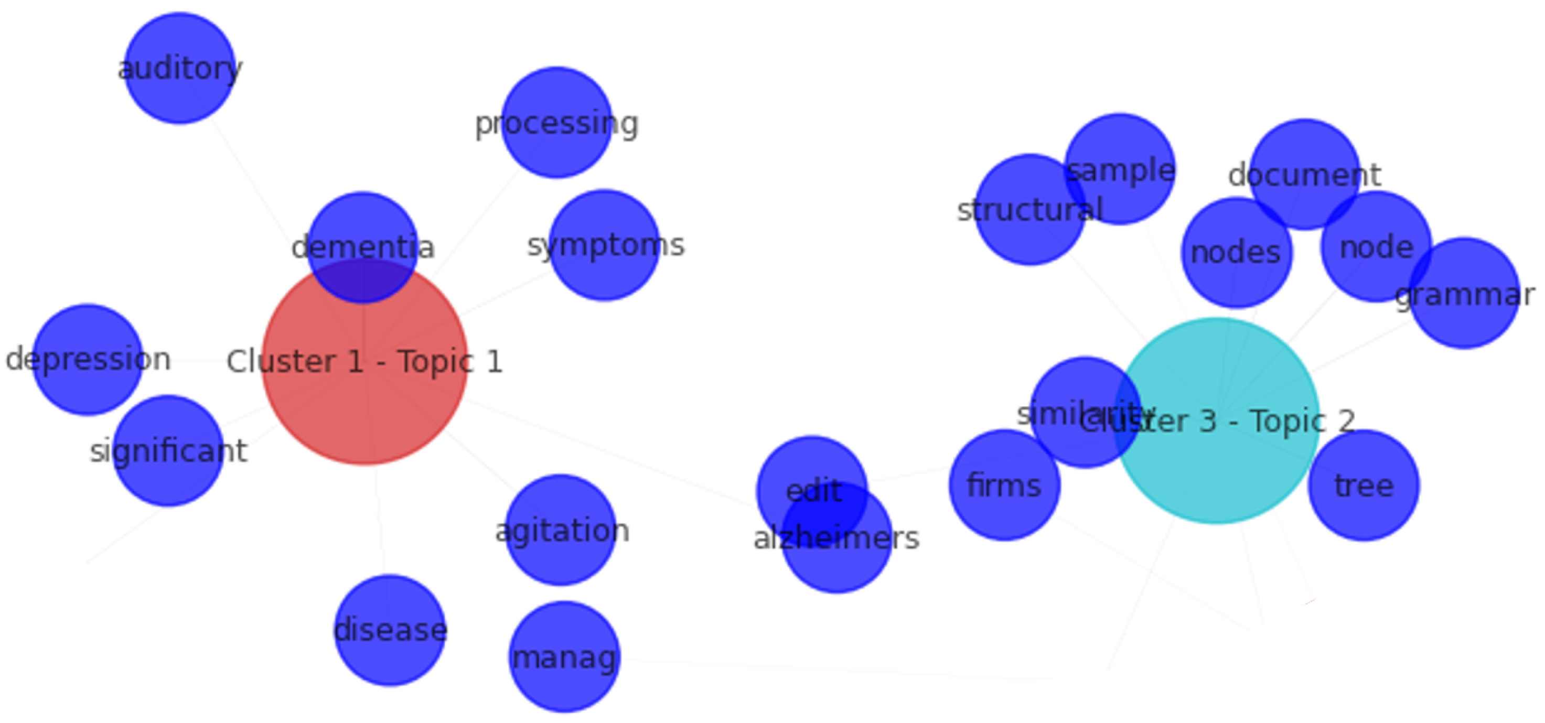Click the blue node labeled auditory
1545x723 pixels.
pyautogui.click(x=179, y=68)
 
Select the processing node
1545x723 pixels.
pyautogui.click(x=556, y=123)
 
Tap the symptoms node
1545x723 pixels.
pyautogui.click(x=605, y=245)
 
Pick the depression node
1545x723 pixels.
pyautogui.click(x=88, y=360)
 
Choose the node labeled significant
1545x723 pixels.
pyautogui.click(x=168, y=451)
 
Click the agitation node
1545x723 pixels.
pyautogui.click(x=561, y=531)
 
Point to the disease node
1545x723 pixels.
pyautogui.click(x=390, y=630)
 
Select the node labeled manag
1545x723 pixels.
pyautogui.click(x=564, y=657)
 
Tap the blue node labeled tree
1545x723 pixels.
pyautogui.click(x=1363, y=485)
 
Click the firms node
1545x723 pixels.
pyautogui.click(x=1004, y=485)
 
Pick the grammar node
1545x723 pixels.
pyautogui.click(x=1464, y=294)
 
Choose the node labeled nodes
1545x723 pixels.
pyautogui.click(x=1236, y=252)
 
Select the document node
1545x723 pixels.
pyautogui.click(x=1304, y=175)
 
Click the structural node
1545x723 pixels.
pyautogui.click(x=1029, y=210)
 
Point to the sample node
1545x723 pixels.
pyautogui.click(x=1119, y=169)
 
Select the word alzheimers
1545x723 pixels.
pyautogui.click(x=836, y=538)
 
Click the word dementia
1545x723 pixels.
pyautogui.click(x=362, y=247)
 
